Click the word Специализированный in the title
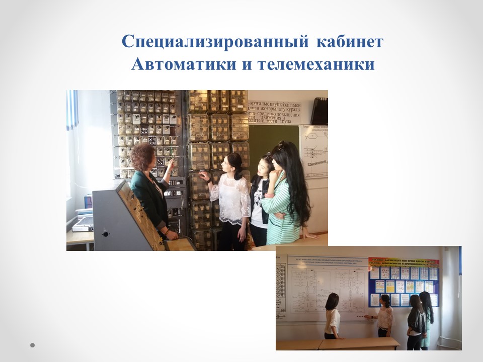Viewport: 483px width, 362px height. (x=216, y=42)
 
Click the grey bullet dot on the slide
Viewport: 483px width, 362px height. (x=33, y=345)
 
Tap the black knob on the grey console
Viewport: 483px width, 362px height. (x=106, y=233)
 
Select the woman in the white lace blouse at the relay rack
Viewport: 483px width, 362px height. (x=231, y=196)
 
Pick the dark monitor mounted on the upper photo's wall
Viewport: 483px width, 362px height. (x=319, y=110)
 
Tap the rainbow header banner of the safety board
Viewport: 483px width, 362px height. (x=404, y=262)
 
